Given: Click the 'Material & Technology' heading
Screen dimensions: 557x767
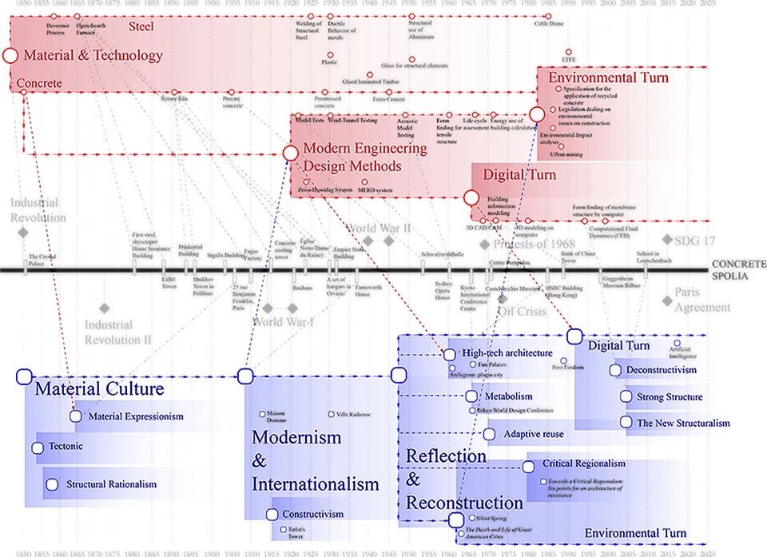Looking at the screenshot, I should click(x=93, y=56).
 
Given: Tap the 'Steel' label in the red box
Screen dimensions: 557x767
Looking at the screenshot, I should click(x=141, y=27).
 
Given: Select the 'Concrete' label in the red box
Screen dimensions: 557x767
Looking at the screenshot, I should click(x=39, y=83).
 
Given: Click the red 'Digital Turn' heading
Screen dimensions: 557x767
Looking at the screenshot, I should click(x=519, y=175).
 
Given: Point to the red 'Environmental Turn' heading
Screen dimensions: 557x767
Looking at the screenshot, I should click(x=608, y=78).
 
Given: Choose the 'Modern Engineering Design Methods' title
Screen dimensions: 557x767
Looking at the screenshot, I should click(x=364, y=157).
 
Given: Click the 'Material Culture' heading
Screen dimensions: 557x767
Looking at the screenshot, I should click(x=99, y=389).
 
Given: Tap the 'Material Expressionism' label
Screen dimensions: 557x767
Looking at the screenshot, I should click(x=136, y=416).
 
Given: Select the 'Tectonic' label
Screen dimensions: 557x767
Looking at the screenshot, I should click(x=66, y=446).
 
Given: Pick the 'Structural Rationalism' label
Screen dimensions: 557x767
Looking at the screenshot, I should click(x=111, y=483).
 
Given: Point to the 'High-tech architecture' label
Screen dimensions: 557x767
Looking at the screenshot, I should click(x=507, y=352).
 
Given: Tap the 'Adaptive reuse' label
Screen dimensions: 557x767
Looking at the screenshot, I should click(x=534, y=434).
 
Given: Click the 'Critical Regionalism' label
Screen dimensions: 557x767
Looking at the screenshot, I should click(x=583, y=464).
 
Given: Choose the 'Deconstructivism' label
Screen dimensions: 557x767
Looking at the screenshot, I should click(x=661, y=370).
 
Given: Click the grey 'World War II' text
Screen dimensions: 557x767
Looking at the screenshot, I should click(x=379, y=229).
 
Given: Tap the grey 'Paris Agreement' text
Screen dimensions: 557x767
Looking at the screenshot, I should click(x=702, y=300).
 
